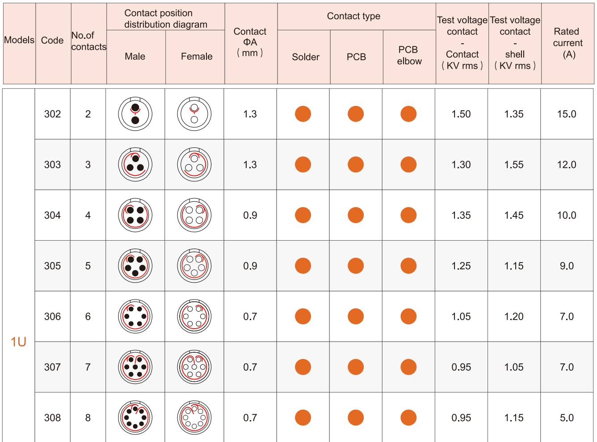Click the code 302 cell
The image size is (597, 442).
click(x=52, y=114)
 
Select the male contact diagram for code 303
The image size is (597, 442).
click(x=135, y=165)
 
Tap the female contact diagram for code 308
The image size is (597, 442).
click(x=194, y=418)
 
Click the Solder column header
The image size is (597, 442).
click(x=306, y=57)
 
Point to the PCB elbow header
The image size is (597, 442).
click(x=409, y=55)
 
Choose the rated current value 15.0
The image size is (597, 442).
click(x=567, y=114)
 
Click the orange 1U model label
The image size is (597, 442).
click(x=18, y=342)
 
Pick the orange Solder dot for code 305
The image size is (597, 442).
click(x=303, y=266)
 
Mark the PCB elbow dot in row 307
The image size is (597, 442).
click(x=408, y=367)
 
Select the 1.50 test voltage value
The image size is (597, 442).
click(x=461, y=114)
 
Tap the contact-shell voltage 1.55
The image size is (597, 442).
click(x=514, y=165)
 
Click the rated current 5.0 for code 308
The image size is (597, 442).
click(x=567, y=418)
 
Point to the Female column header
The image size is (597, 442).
click(x=197, y=57)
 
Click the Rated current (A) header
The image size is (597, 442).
click(x=568, y=43)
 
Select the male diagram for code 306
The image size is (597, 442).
click(x=135, y=317)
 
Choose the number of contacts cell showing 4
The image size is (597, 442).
click(x=88, y=216)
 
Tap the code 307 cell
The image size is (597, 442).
click(x=52, y=367)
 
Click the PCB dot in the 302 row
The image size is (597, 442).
click(x=356, y=114)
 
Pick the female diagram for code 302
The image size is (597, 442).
click(x=194, y=114)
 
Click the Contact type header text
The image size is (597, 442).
click(x=353, y=17)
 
